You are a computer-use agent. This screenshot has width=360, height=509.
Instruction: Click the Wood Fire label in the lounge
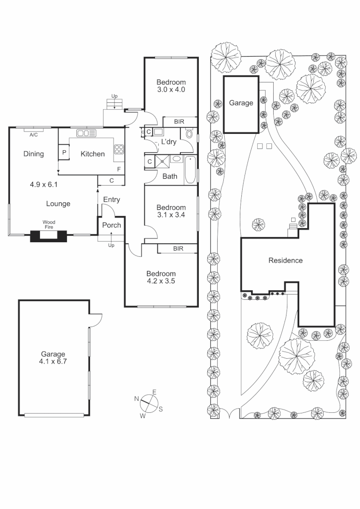pyautogui.click(x=49, y=224)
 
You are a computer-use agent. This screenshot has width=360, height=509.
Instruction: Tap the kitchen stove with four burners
pyautogui.click(x=119, y=150)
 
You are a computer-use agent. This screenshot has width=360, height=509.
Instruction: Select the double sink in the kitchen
pyautogui.click(x=87, y=133)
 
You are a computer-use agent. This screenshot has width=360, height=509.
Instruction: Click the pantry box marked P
pyautogui.click(x=64, y=153)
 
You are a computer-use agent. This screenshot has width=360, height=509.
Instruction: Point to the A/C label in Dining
pyautogui.click(x=33, y=135)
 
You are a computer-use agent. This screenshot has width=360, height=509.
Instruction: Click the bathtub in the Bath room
pyautogui.click(x=190, y=170)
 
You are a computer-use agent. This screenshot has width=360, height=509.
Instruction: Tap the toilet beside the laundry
pyautogui.click(x=189, y=134)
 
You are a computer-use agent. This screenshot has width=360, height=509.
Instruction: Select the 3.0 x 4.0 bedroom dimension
pyautogui.click(x=171, y=89)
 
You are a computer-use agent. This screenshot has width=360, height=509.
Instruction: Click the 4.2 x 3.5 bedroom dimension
pyautogui.click(x=161, y=281)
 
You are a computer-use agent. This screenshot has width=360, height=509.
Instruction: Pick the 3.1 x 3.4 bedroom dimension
pyautogui.click(x=171, y=215)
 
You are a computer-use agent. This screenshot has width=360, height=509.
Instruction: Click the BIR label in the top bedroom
pyautogui.click(x=179, y=122)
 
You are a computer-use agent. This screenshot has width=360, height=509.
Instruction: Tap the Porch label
pyautogui.click(x=112, y=225)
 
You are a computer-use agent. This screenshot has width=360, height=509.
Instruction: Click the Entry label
pyautogui.click(x=112, y=199)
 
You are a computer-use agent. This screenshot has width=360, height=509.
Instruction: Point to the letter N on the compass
pyautogui.click(x=137, y=399)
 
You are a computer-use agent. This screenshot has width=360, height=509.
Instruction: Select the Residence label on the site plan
pyautogui.click(x=285, y=260)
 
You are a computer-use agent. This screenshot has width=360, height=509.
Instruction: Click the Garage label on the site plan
pyautogui.click(x=241, y=103)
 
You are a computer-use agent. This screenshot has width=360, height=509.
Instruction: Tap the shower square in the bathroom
pyautogui.click(x=163, y=161)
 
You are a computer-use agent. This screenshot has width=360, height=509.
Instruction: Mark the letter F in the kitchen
pyautogui.click(x=119, y=169)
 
